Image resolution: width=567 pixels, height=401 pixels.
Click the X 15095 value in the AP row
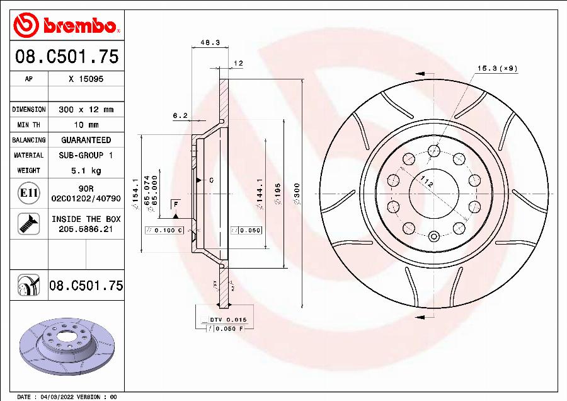click(x=86, y=79)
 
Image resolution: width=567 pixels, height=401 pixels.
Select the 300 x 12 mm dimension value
click(x=86, y=110)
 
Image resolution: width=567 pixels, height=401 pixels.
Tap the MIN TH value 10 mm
click(x=86, y=125)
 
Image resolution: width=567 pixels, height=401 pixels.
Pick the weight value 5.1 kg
click(x=86, y=170)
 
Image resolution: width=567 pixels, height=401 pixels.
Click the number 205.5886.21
click(x=86, y=230)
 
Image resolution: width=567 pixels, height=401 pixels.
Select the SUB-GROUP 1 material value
click(x=86, y=155)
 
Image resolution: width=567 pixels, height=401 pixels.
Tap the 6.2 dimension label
click(x=180, y=115)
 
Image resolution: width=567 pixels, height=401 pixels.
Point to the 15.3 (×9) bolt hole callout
click(x=496, y=68)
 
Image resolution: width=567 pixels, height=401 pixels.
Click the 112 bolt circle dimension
click(x=427, y=184)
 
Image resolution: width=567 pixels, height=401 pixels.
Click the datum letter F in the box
click(x=176, y=205)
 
